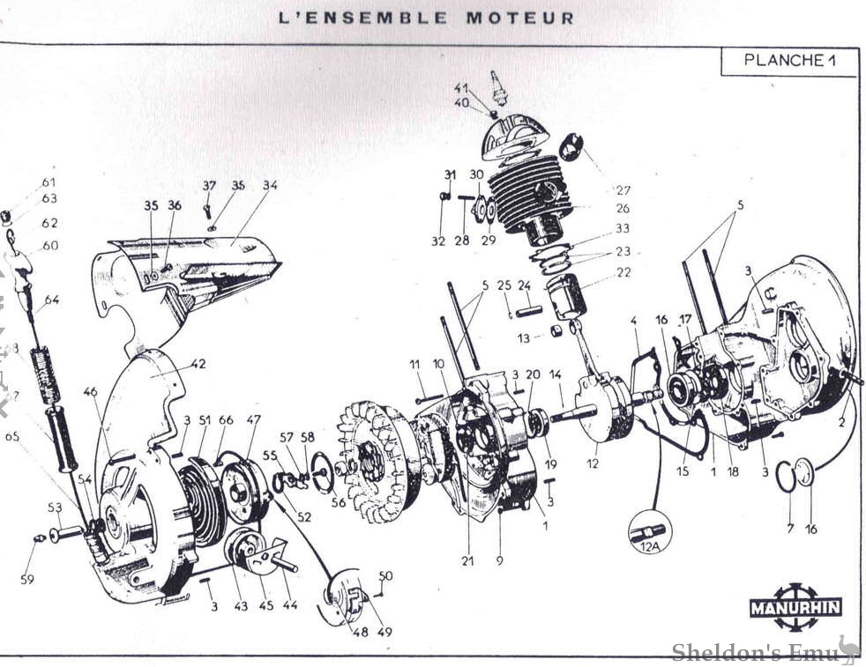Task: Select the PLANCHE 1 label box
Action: (788, 62)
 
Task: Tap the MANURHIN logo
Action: (795, 607)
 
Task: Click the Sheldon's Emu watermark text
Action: (754, 652)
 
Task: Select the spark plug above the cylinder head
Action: (498, 87)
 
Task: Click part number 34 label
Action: (269, 186)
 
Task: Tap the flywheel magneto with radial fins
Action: (375, 463)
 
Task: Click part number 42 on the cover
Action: (198, 363)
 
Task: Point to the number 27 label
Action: (623, 190)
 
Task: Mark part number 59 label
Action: (27, 579)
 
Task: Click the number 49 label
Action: (384, 632)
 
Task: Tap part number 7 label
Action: (790, 528)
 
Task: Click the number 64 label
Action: (52, 300)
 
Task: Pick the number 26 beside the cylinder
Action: (623, 209)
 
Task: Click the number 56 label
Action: (339, 502)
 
